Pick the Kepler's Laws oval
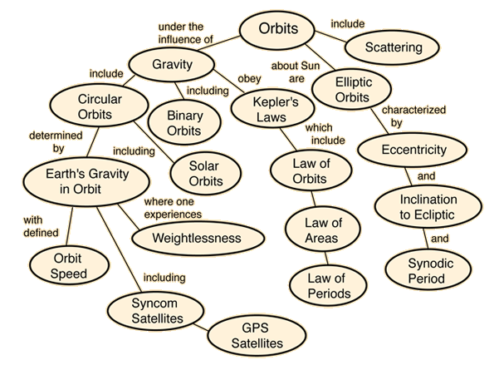click(x=263, y=109)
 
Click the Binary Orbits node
click(x=185, y=122)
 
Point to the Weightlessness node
click(x=197, y=238)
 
